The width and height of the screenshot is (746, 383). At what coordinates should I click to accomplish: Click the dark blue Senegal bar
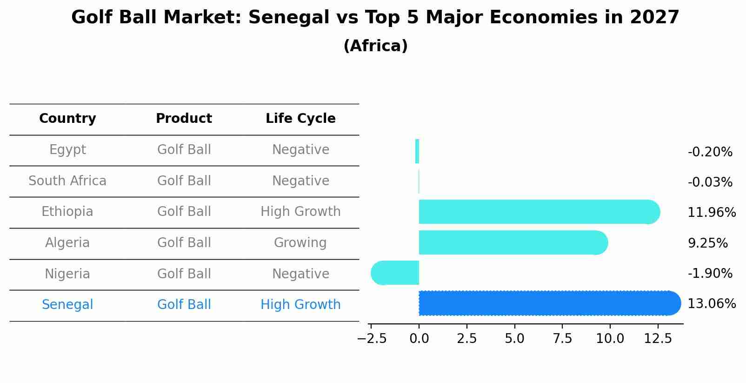(549, 303)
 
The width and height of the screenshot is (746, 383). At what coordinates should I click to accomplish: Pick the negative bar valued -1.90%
(395, 273)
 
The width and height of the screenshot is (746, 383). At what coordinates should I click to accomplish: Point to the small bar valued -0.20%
(417, 151)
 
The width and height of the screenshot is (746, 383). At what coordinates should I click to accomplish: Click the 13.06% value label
(712, 304)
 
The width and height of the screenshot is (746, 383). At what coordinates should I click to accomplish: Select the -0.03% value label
(710, 182)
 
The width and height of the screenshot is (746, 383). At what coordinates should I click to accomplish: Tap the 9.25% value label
(707, 243)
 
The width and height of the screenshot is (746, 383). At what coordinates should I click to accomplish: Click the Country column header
(67, 119)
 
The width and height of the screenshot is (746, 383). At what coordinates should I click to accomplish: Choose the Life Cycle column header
(300, 119)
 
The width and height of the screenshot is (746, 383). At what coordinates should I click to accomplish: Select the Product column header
(184, 119)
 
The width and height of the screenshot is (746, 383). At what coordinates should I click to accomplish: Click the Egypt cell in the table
(67, 150)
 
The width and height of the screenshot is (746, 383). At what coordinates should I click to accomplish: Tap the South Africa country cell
(67, 181)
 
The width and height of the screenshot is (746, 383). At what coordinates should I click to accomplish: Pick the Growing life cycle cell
(300, 243)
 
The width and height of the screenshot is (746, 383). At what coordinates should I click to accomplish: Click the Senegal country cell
(67, 305)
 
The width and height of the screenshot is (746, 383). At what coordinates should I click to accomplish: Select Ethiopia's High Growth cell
(300, 212)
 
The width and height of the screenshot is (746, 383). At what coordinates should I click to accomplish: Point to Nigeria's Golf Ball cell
(184, 274)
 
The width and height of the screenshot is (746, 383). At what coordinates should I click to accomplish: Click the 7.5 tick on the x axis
(562, 338)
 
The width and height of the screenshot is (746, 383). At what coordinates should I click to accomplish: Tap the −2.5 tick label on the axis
(372, 338)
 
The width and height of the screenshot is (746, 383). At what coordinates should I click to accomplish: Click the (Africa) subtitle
(375, 46)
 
